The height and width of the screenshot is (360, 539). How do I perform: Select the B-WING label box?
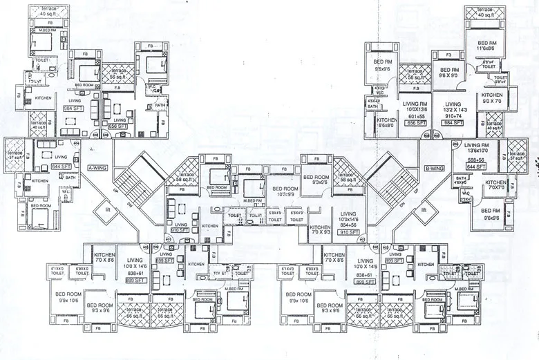point(433,167)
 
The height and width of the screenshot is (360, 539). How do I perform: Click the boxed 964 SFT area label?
point(73,108)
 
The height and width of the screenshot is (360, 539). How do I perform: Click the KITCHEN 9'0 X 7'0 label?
point(492,98)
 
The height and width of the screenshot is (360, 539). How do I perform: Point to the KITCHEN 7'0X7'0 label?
point(495,186)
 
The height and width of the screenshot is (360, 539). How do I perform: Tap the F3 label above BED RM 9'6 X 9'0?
point(448,54)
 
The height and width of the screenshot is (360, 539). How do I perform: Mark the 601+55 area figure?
point(416,117)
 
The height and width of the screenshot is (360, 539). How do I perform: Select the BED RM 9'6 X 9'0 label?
point(450,73)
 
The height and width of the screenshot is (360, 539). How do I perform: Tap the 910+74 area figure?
point(453,115)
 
